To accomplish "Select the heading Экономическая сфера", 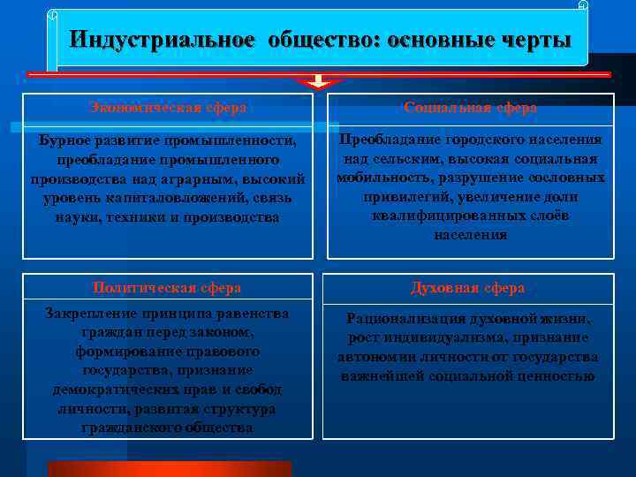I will pos(167,108).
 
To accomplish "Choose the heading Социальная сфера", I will pos(470,108).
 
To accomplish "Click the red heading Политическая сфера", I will pos(167,288).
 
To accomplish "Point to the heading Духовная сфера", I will pos(467,288).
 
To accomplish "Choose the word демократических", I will pos(111,390).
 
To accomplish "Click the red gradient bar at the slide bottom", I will pos(169,468).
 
